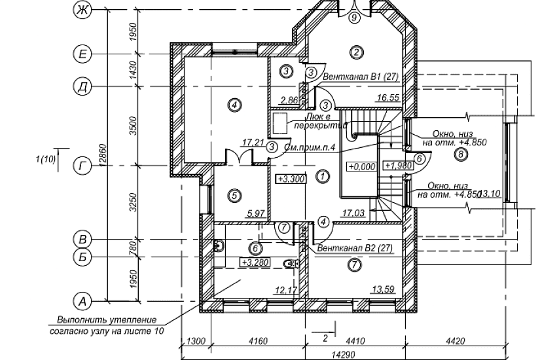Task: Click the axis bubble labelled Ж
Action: (82, 11)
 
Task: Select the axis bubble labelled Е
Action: (82, 54)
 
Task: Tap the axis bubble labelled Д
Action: (82, 87)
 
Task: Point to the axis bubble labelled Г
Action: (82, 167)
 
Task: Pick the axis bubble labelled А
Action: (82, 301)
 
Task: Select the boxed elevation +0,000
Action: (361, 166)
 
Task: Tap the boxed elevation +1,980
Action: (397, 166)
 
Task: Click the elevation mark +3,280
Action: (253, 262)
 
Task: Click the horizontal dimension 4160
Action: (258, 340)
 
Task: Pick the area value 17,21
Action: (253, 141)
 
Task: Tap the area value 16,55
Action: (388, 98)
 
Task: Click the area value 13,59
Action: (384, 289)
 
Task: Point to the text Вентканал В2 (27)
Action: (354, 249)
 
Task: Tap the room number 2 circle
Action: (355, 52)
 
